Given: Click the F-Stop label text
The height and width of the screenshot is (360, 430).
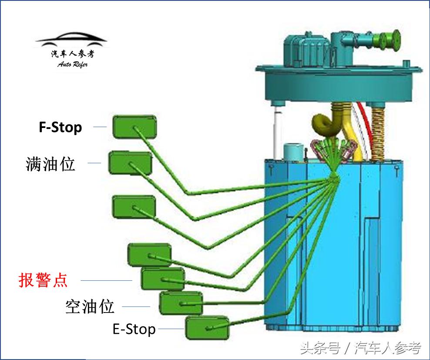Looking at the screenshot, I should click(60, 128).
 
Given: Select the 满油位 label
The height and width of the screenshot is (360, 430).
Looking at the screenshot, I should click(50, 164).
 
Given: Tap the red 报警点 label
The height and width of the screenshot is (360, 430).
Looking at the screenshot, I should click(43, 280).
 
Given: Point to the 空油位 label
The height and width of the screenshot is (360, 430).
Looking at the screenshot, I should click(90, 306).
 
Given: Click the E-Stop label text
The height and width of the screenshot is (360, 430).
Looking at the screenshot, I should click(134, 329).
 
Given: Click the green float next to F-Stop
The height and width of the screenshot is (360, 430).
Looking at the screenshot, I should click(134, 127).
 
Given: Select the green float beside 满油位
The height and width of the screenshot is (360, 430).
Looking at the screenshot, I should click(130, 163).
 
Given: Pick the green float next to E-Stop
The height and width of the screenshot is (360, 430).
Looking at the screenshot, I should click(207, 327).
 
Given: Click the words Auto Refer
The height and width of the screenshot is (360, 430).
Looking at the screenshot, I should click(72, 64).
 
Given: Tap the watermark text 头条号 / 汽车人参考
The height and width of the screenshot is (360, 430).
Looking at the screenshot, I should click(360, 348).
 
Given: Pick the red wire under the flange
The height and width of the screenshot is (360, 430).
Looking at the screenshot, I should click(367, 126).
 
